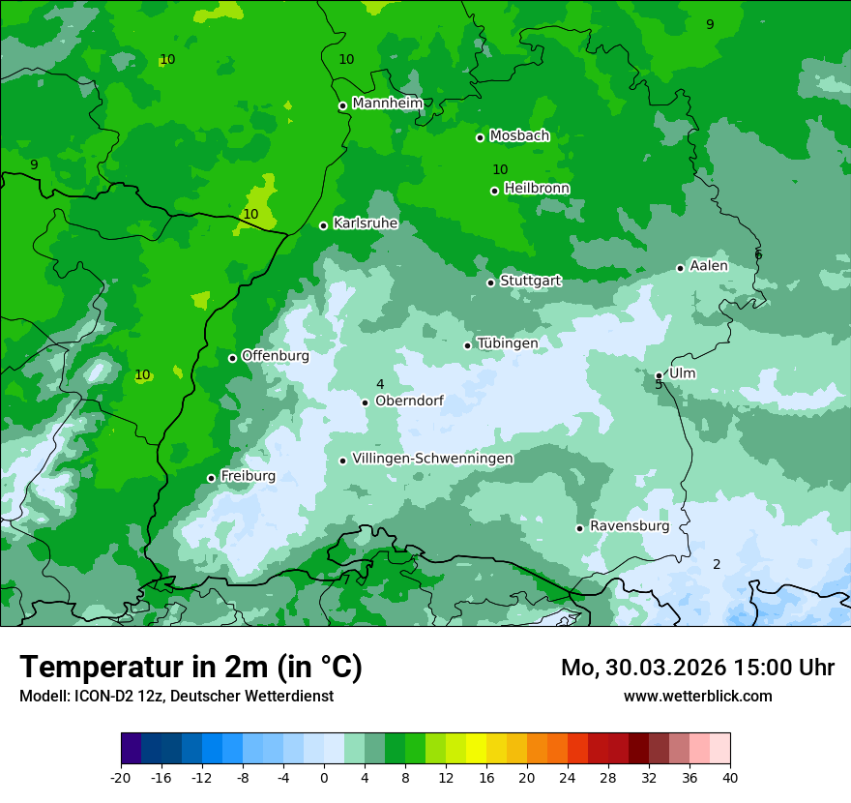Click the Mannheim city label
tap(388, 104)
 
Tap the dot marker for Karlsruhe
tap(323, 226)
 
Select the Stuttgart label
tap(530, 281)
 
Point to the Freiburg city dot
tap(211, 478)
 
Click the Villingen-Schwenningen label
tap(432, 459)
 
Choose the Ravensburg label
tap(629, 526)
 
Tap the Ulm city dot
tap(659, 375)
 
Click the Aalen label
tap(708, 266)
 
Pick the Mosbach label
tap(519, 136)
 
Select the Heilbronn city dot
tap(494, 191)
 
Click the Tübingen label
tap(507, 343)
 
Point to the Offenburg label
tap(275, 356)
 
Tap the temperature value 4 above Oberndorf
tap(380, 385)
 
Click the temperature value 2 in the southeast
tap(717, 565)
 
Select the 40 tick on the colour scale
tap(729, 778)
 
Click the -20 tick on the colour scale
tap(121, 778)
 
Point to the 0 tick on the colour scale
tap(324, 778)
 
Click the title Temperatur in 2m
tap(191, 667)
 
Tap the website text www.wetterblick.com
tap(697, 697)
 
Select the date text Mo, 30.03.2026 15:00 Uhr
tap(697, 668)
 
